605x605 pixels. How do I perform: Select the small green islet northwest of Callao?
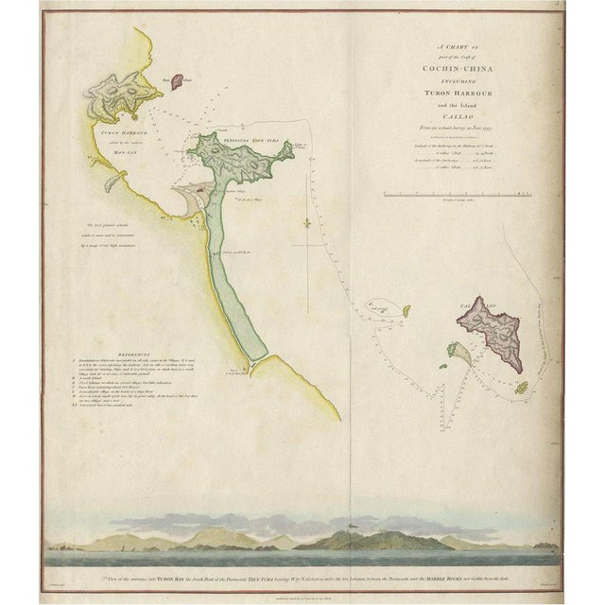click(406, 310)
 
